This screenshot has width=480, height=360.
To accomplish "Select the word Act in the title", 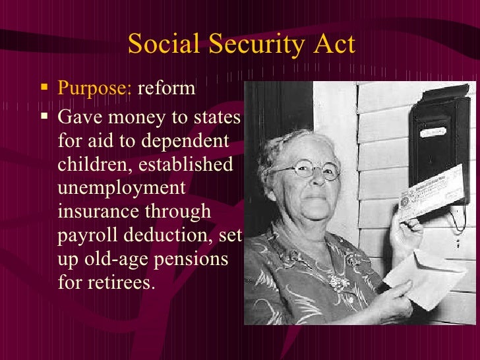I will (x=332, y=45).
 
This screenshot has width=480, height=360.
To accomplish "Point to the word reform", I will (x=166, y=88).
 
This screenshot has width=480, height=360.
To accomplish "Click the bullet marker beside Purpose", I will (x=44, y=87).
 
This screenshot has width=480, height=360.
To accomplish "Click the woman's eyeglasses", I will (x=305, y=171).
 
